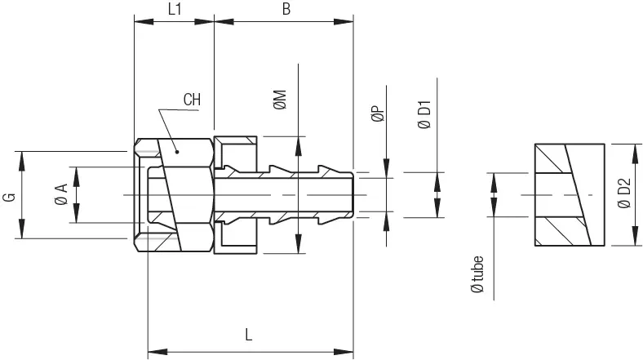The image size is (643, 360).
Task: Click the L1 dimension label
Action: pos(175,10)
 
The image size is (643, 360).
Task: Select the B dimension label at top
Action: pos(286,10)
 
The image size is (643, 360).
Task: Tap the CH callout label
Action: pos(192,100)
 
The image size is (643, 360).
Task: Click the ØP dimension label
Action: pos(378,113)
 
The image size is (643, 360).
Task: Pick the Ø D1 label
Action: pos(425,114)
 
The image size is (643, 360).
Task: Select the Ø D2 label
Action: pos(623,193)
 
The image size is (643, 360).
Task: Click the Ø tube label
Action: pos(477,274)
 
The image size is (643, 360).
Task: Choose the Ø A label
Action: pos(61,194)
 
